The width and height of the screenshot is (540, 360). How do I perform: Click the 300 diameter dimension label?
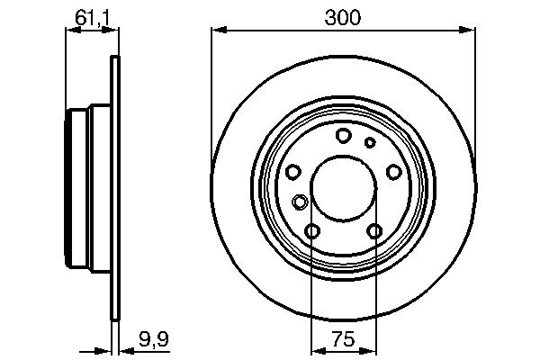click(343, 17)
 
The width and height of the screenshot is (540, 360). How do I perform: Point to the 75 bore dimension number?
click(343, 341)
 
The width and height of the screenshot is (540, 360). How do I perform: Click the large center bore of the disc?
click(343, 188)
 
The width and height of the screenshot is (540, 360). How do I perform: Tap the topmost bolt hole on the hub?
click(343, 136)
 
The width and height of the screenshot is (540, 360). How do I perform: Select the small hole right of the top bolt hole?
click(369, 142)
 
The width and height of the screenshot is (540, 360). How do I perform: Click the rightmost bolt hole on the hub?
click(393, 173)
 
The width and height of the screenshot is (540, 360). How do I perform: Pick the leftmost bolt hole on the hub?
click(292, 173)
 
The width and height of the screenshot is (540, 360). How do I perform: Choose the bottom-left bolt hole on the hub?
click(312, 232)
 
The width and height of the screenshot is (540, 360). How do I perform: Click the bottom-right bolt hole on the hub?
click(374, 232)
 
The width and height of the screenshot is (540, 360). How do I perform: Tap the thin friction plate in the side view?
click(114, 189)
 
